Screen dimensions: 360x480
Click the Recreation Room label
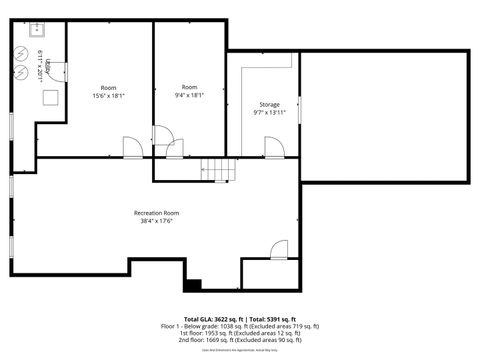pyautogui.click(x=156, y=213)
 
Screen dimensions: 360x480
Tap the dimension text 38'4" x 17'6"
pyautogui.click(x=156, y=222)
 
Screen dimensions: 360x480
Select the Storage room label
pyautogui.click(x=269, y=103)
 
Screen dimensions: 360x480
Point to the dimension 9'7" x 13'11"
pyautogui.click(x=269, y=112)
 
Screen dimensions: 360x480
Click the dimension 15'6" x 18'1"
pyautogui.click(x=108, y=96)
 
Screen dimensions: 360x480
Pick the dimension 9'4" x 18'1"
pyautogui.click(x=189, y=96)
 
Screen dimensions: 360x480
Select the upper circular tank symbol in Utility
pyautogui.click(x=22, y=55)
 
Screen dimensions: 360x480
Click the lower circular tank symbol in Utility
pyautogui.click(x=22, y=75)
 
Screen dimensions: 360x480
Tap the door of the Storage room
pyautogui.click(x=273, y=148)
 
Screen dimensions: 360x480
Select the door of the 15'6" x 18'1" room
pyautogui.click(x=132, y=148)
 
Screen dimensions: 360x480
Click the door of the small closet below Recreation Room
pyautogui.click(x=279, y=250)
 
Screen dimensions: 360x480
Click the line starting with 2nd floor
pyautogui.click(x=240, y=339)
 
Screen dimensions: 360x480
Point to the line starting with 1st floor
pyautogui.click(x=240, y=333)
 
